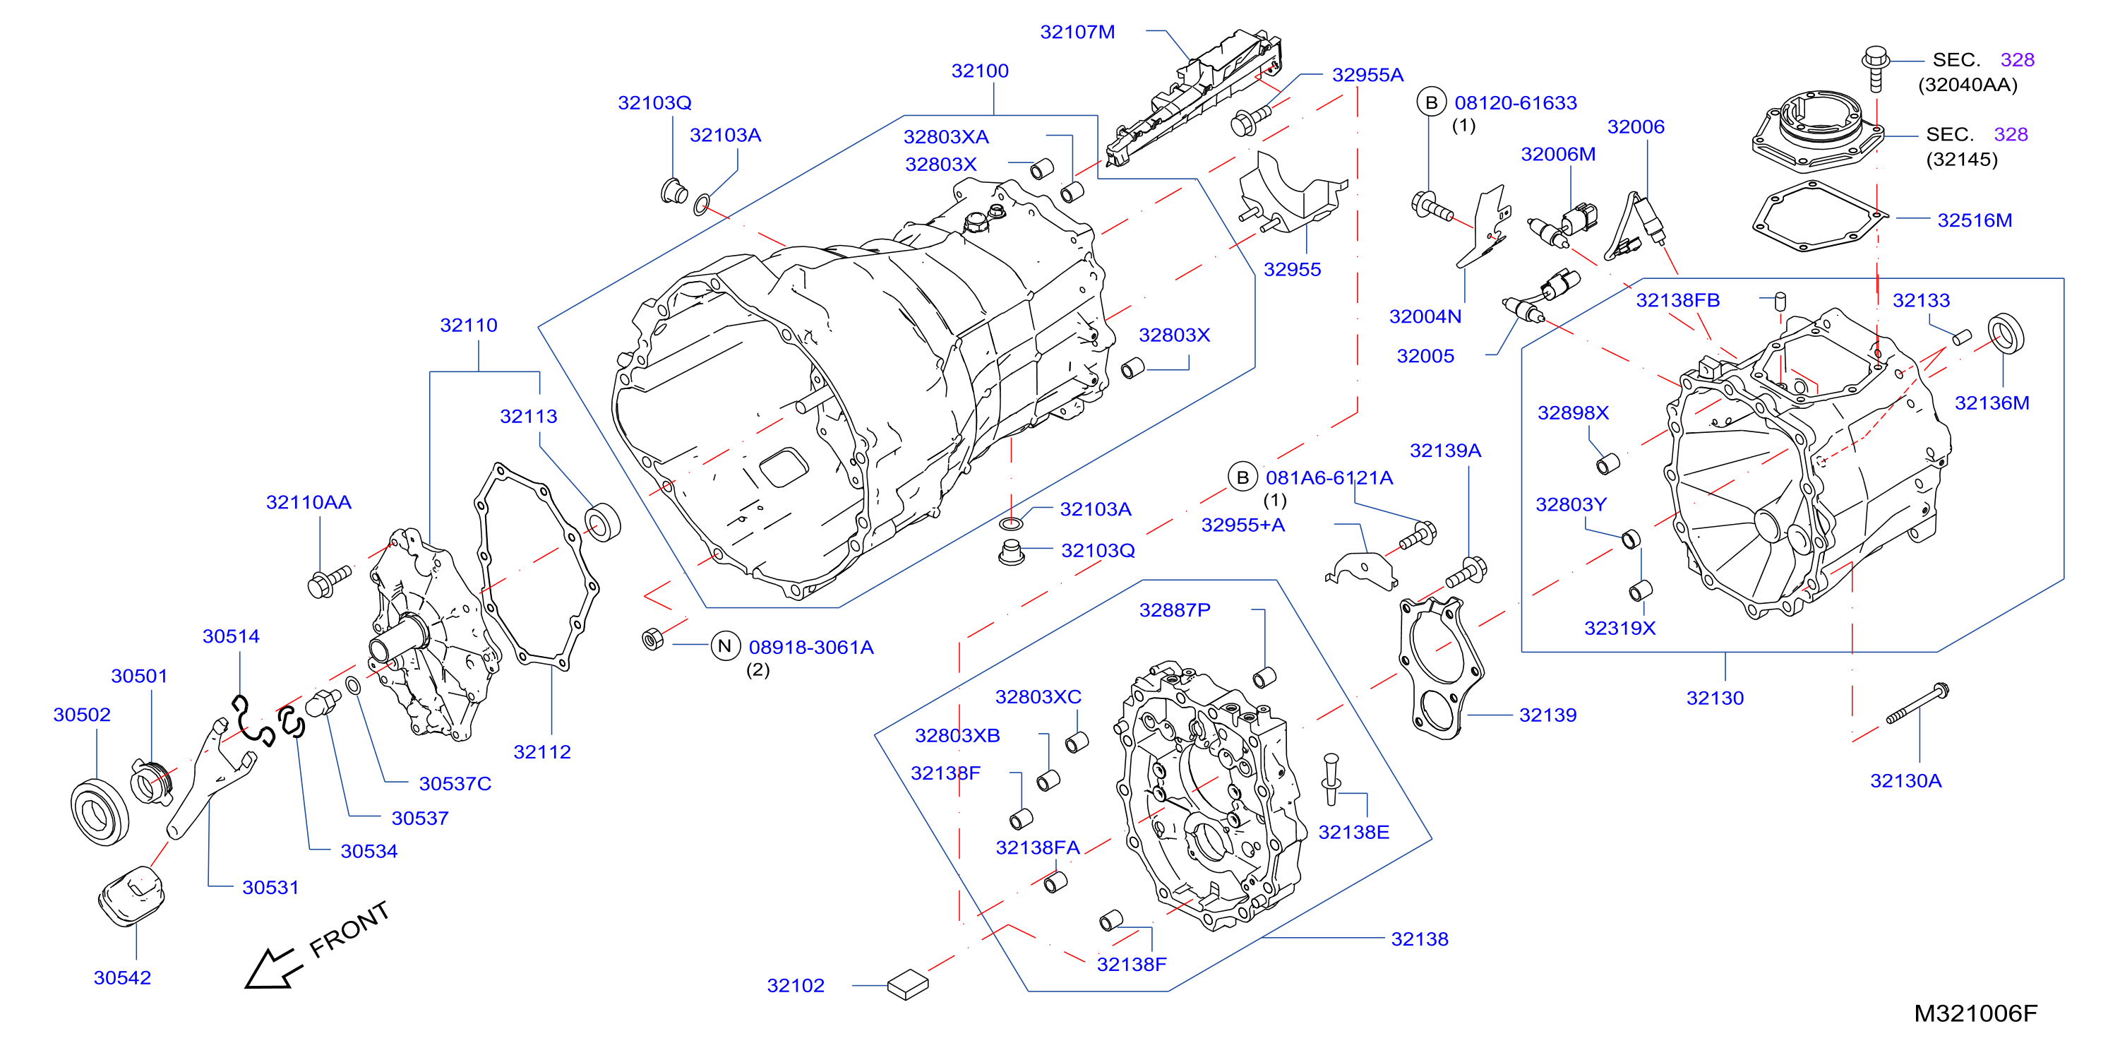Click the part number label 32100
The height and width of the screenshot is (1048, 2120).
pos(979,71)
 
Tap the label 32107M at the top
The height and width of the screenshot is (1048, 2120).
pos(1077,32)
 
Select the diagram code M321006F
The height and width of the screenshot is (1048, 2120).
pos(1975,1013)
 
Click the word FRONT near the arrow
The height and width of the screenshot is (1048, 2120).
pos(349,929)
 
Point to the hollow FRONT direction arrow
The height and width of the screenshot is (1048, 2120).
pos(272,969)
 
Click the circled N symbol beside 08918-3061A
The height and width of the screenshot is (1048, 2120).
pos(724,646)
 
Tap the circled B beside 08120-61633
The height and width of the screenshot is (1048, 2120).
pos(1431,102)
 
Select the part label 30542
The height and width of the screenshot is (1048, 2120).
pos(122,978)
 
